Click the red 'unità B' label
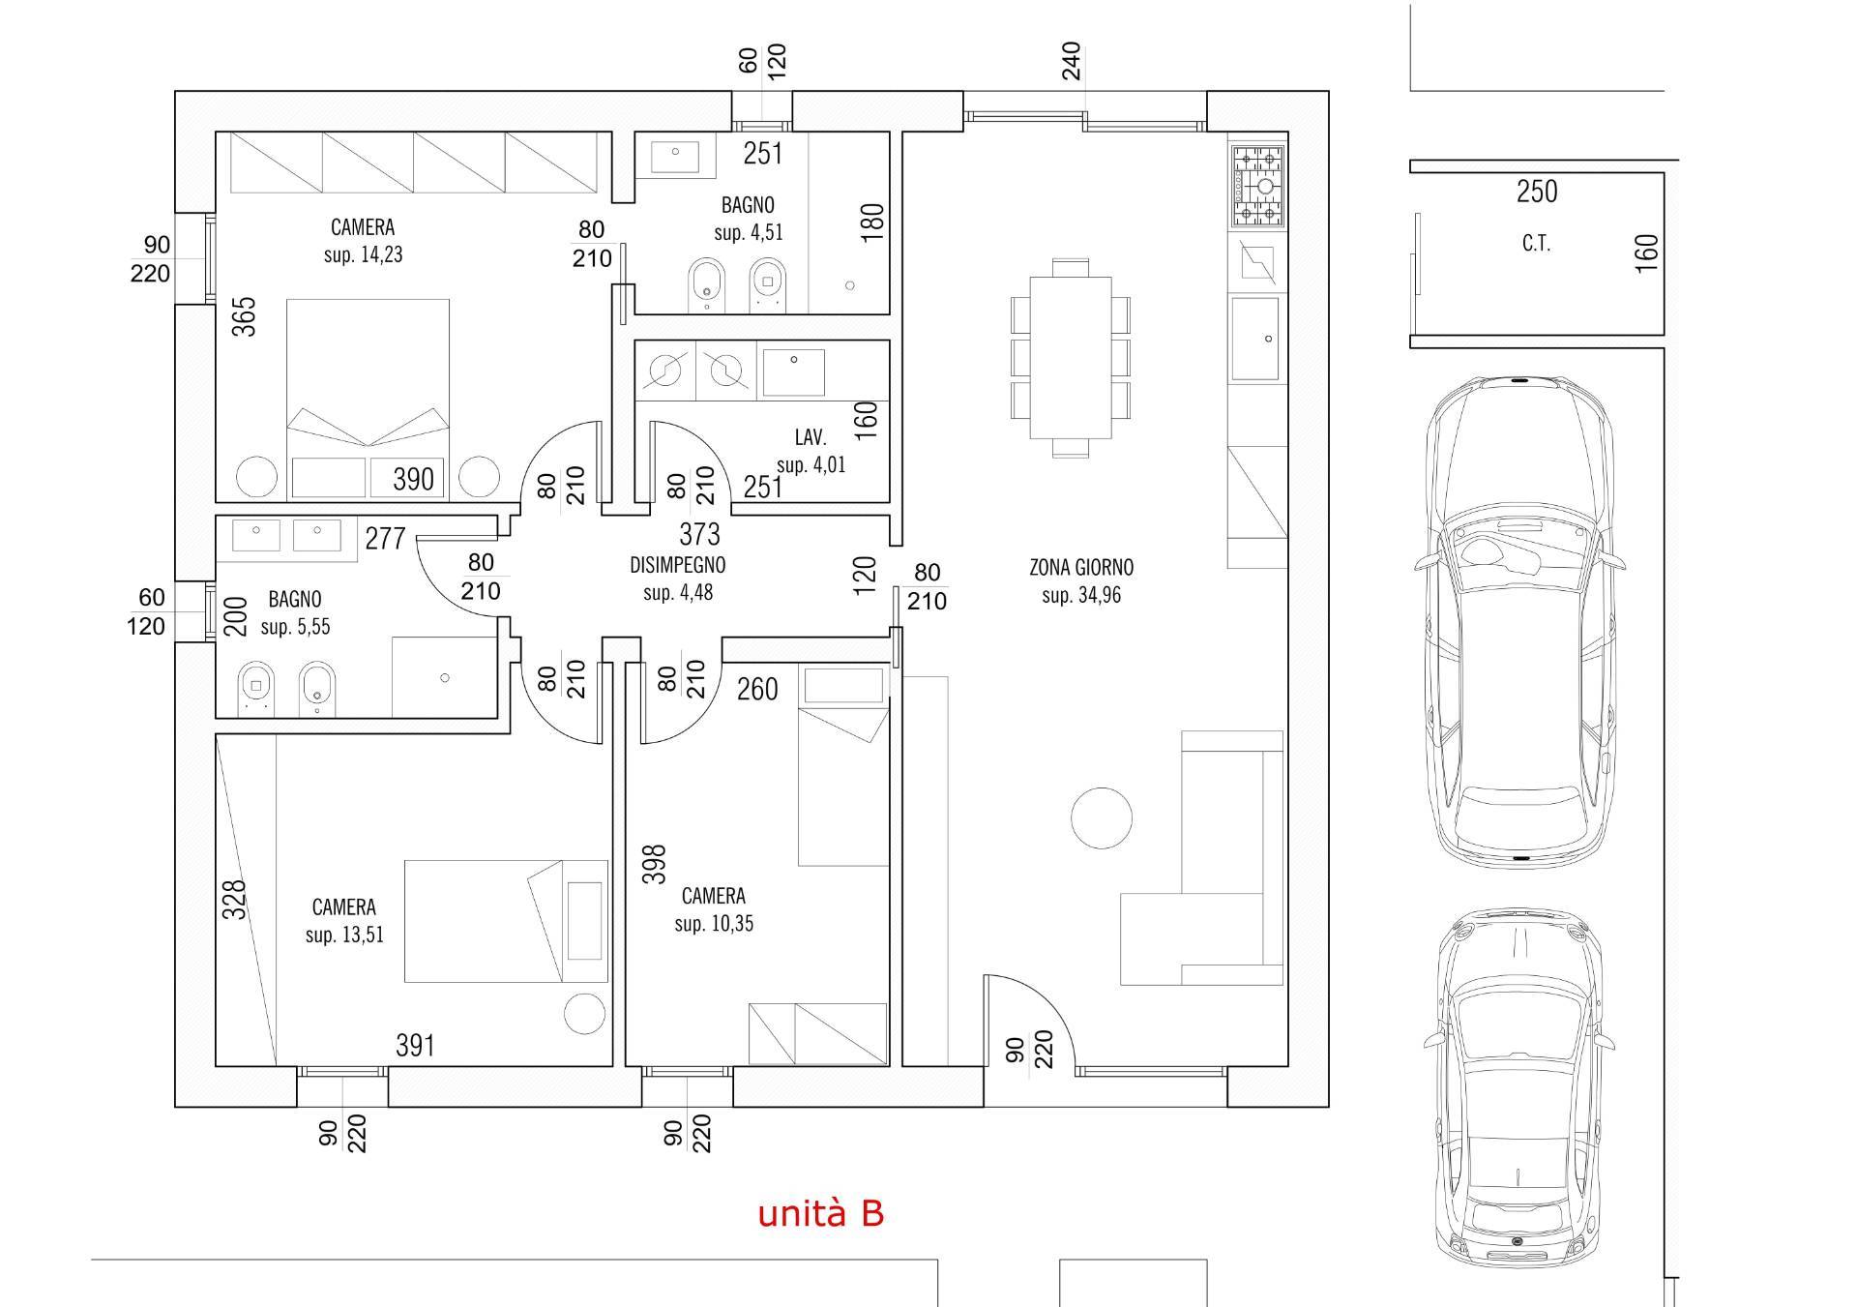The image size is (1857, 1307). (x=820, y=1213)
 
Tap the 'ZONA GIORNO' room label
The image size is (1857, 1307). (x=1081, y=568)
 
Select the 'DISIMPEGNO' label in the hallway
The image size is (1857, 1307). (x=677, y=565)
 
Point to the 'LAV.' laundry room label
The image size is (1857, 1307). (x=811, y=437)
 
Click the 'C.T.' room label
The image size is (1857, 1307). (x=1536, y=244)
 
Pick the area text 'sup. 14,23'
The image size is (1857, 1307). (x=363, y=255)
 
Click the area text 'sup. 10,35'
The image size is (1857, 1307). (x=714, y=924)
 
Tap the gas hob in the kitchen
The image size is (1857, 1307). (x=1256, y=185)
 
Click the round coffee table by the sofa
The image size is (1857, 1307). (x=1102, y=817)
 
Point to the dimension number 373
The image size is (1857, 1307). (x=699, y=534)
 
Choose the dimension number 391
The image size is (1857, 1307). (x=415, y=1046)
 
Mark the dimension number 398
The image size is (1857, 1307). (x=655, y=865)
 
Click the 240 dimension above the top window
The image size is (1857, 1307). (x=1071, y=61)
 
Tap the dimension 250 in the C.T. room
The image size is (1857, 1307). (x=1537, y=192)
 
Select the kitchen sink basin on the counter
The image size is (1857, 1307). (x=1256, y=340)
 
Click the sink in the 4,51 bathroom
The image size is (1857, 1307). (x=675, y=156)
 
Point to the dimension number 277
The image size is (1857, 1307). (x=385, y=538)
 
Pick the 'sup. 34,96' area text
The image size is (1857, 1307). (x=1081, y=596)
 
